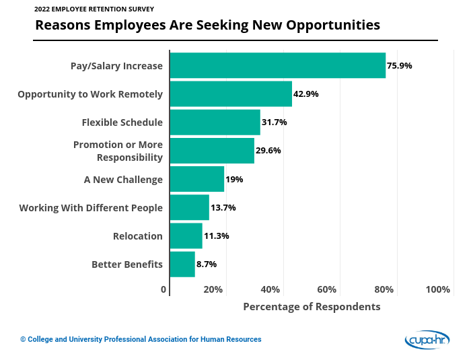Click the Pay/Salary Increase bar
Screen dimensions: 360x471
[277, 65]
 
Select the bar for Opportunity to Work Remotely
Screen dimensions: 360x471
[231, 94]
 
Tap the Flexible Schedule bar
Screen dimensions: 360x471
[215, 122]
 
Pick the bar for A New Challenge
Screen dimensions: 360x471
[196, 180]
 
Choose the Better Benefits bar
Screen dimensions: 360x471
[182, 264]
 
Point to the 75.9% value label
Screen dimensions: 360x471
[399, 66]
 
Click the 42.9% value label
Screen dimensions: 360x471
[305, 94]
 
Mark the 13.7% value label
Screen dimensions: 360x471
[223, 208]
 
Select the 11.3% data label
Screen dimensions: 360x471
[216, 236]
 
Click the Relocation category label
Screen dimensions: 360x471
[138, 236]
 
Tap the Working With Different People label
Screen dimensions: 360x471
[91, 208]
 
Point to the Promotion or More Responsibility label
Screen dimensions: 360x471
[118, 151]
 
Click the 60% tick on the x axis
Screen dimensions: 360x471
[327, 289]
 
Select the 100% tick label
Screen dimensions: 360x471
[438, 289]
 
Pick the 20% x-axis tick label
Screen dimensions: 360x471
[213, 289]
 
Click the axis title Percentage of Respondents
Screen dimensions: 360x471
[312, 307]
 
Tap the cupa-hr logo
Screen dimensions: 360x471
[427, 340]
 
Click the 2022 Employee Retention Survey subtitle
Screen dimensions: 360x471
[94, 9]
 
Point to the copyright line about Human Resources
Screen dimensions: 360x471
[141, 340]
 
